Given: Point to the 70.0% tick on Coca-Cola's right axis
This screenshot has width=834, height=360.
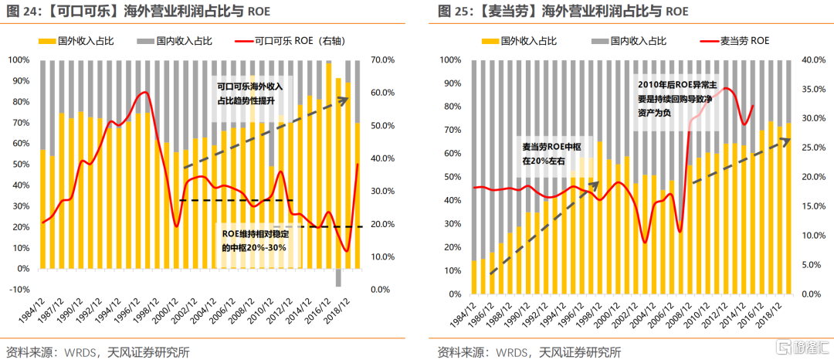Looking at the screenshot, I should (x=383, y=60).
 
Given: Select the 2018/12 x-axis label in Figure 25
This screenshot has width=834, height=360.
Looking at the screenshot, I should (x=775, y=312).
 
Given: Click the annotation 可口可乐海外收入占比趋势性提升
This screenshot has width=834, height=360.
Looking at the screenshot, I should (x=249, y=93).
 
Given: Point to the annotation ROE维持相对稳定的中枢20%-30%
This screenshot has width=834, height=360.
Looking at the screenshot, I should (x=254, y=240).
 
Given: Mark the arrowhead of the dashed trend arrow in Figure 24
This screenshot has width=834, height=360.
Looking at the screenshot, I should (x=347, y=99).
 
